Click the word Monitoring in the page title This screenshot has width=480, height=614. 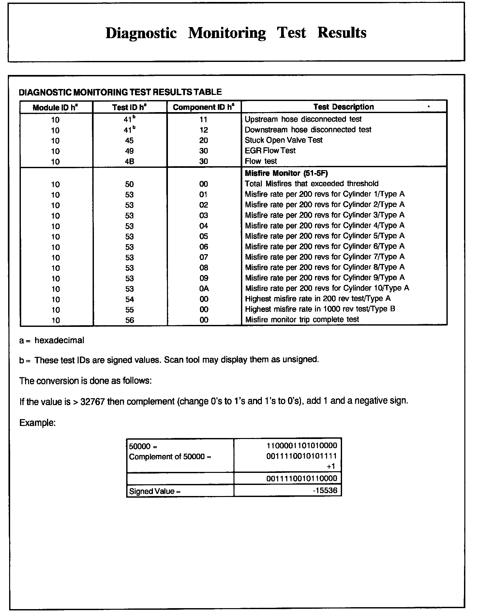227,33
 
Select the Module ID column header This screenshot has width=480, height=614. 55,108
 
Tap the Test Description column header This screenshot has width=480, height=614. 344,107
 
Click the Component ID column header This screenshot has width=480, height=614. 204,107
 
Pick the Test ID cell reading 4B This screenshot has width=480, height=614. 129,161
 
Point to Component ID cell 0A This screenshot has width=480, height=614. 204,289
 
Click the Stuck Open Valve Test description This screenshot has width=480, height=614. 283,140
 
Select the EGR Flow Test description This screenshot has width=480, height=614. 270,151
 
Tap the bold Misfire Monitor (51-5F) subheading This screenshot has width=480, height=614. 286,173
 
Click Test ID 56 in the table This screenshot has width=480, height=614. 129,320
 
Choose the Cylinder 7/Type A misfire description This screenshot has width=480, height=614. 324,257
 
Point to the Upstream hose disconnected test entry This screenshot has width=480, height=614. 303,119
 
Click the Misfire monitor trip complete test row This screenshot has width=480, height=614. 302,319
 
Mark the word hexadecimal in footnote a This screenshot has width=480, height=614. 59,341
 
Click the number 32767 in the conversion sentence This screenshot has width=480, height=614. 92,402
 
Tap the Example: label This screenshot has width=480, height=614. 37,423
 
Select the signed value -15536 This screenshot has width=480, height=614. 325,490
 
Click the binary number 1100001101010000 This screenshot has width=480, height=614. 302,446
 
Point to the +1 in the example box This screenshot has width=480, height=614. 331,466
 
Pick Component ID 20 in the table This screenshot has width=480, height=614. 204,140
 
